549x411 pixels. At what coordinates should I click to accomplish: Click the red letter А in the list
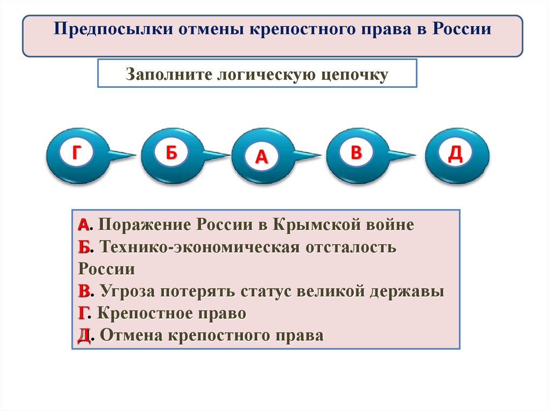tap(83, 225)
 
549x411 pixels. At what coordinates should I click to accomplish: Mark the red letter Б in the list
tap(83, 247)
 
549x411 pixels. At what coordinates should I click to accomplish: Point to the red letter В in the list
tap(83, 292)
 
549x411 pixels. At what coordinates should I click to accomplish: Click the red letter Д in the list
tap(83, 337)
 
